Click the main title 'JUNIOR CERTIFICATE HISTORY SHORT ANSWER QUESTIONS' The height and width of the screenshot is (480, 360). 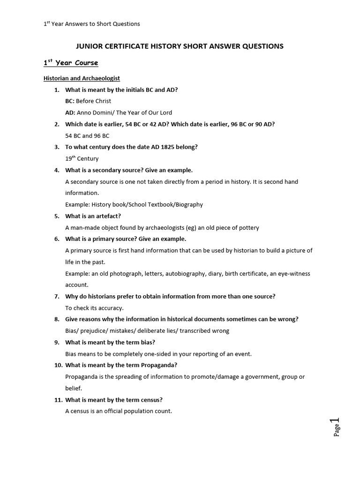[x=180, y=46]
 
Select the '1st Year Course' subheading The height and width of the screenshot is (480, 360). [x=71, y=63]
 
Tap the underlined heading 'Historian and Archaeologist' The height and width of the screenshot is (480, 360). [x=82, y=78]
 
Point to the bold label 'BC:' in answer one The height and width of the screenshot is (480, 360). [x=70, y=101]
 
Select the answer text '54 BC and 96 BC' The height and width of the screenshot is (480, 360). [x=87, y=136]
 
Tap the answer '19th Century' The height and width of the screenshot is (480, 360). [x=82, y=158]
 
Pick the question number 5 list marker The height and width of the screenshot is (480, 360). [x=56, y=216]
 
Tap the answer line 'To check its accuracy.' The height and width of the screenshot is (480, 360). [x=94, y=308]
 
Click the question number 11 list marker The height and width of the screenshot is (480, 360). [x=58, y=400]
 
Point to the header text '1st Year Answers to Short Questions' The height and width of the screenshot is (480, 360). [x=92, y=24]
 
